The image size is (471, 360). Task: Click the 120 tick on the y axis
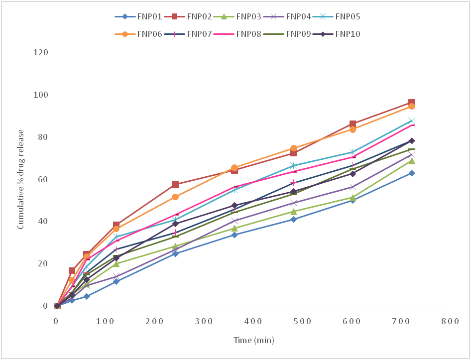41,53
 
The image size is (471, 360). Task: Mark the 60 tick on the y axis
43,179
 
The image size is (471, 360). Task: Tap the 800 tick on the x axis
450,321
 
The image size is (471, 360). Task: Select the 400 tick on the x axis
253,321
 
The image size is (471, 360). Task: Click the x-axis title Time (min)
254,341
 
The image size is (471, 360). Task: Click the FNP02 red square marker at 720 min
412,103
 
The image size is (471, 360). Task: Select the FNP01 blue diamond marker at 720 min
412,173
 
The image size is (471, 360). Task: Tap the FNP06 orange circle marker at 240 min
175,197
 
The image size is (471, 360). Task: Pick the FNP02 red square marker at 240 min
175,185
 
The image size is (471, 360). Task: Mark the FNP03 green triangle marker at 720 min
412,160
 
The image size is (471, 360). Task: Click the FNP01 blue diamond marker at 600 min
353,200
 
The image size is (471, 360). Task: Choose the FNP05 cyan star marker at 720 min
412,120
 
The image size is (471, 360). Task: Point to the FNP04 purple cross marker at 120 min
117,276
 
